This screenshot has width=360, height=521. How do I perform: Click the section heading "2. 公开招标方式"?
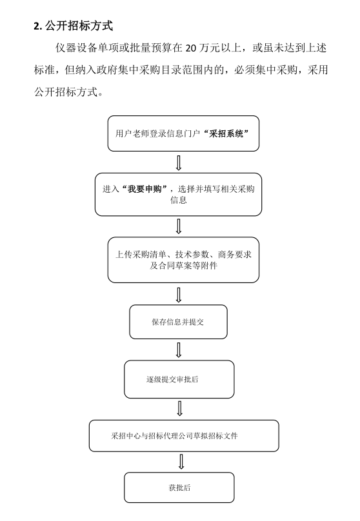[73, 26]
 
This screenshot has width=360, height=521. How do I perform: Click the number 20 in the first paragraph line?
[191, 48]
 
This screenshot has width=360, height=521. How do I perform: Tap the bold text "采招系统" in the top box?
[226, 133]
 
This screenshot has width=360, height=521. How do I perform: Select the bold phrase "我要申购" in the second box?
[145, 189]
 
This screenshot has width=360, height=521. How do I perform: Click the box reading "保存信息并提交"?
[178, 322]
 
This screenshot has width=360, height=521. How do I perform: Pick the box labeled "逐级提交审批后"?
[179, 379]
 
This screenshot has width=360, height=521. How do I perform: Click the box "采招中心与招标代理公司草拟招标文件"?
[184, 436]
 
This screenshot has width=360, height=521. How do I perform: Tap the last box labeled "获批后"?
[179, 487]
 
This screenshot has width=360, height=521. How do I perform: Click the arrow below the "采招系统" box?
[179, 162]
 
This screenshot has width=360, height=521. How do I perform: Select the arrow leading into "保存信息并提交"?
[179, 295]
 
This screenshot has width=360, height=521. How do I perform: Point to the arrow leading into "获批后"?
[181, 462]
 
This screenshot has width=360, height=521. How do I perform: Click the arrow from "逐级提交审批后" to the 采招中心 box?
[180, 408]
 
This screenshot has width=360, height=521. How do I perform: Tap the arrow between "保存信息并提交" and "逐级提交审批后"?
[179, 350]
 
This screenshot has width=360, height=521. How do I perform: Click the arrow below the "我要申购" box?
[179, 226]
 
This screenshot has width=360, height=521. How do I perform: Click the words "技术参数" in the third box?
[192, 255]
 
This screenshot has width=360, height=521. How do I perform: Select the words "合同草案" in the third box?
[175, 266]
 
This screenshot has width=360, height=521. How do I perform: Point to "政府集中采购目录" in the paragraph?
[145, 70]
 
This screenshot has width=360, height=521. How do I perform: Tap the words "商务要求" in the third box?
[235, 255]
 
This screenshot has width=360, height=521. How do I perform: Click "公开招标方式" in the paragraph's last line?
[66, 92]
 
